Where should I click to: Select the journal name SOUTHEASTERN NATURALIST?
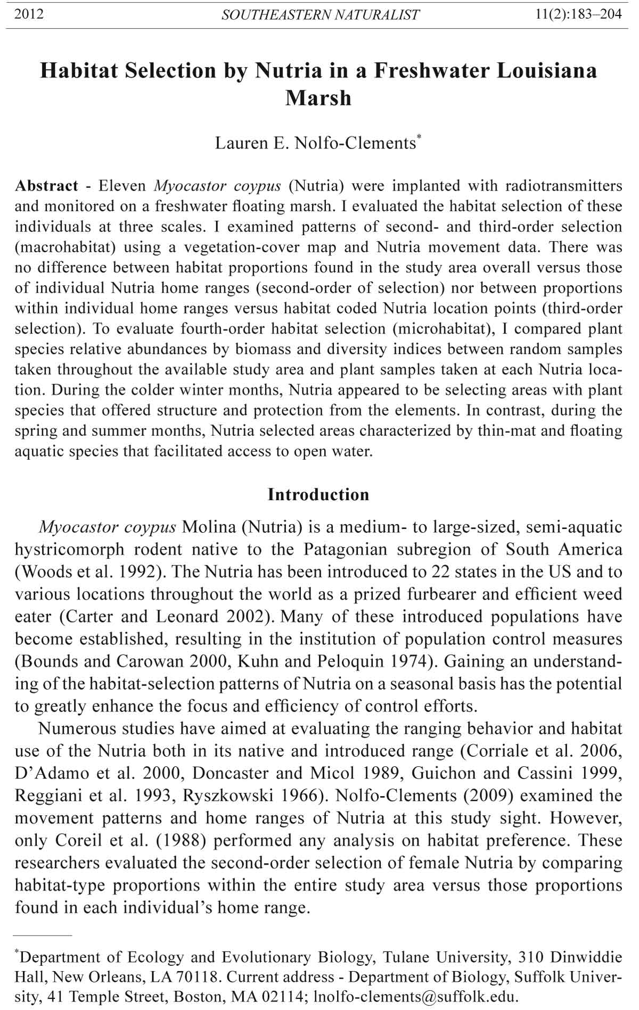[x=320, y=15]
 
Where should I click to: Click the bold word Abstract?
[x=47, y=186]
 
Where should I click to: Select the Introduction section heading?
[x=318, y=494]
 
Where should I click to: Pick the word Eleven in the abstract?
[x=122, y=186]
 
